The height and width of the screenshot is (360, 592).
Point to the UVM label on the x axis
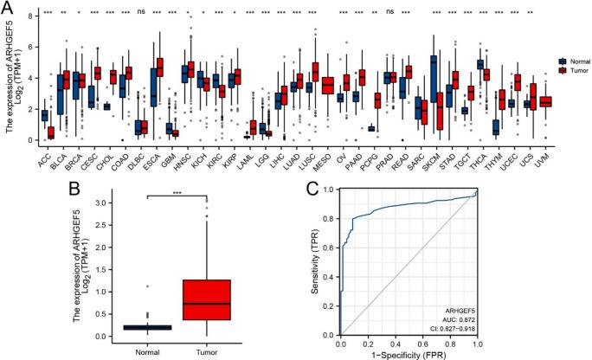[544, 154]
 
